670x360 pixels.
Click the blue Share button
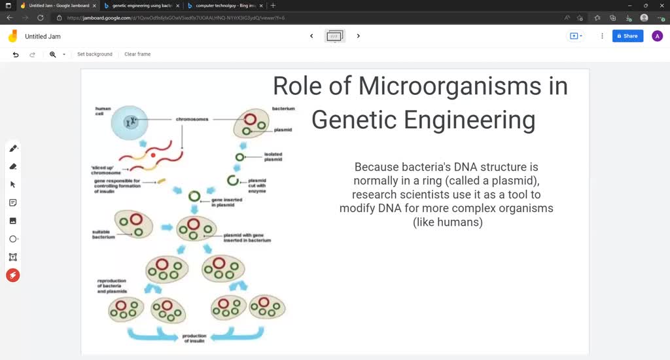[x=627, y=36]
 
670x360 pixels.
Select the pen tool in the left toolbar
[x=12, y=149]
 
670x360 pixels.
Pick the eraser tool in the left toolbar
[x=12, y=166]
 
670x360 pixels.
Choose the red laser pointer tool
[x=12, y=276]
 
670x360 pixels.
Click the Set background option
[x=94, y=54]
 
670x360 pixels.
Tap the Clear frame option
[x=137, y=54]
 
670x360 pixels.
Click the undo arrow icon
[x=16, y=54]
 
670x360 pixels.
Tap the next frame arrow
[x=358, y=36]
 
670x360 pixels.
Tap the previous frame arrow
[x=311, y=36]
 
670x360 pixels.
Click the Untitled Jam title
[x=43, y=37]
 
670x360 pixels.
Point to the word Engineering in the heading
[x=469, y=120]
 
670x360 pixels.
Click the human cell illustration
[x=133, y=121]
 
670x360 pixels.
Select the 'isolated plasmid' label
[x=273, y=157]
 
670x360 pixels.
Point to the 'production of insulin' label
[x=194, y=338]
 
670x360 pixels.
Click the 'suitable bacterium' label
[x=103, y=234]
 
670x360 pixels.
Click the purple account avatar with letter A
[x=657, y=36]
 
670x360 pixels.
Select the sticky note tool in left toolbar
[x=12, y=203]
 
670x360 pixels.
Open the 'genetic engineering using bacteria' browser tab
[x=141, y=5]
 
